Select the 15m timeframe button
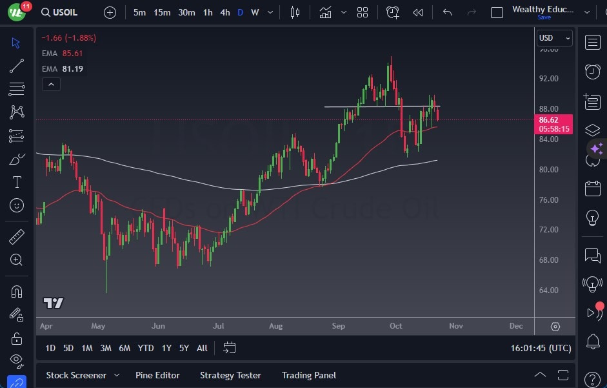point(162,12)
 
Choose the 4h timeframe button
point(224,12)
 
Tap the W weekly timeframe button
point(255,12)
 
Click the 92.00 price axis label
point(548,79)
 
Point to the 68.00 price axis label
point(548,260)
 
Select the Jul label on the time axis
point(219,326)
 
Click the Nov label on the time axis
point(456,326)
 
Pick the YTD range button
point(146,348)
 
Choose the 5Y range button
point(184,348)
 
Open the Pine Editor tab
point(157,375)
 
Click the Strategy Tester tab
point(230,375)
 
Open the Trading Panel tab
point(309,375)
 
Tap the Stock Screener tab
point(75,375)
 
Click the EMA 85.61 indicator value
point(72,54)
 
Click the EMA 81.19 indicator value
point(72,68)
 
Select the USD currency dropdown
point(554,38)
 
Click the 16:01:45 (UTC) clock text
point(541,348)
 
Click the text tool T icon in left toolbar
point(17,182)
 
